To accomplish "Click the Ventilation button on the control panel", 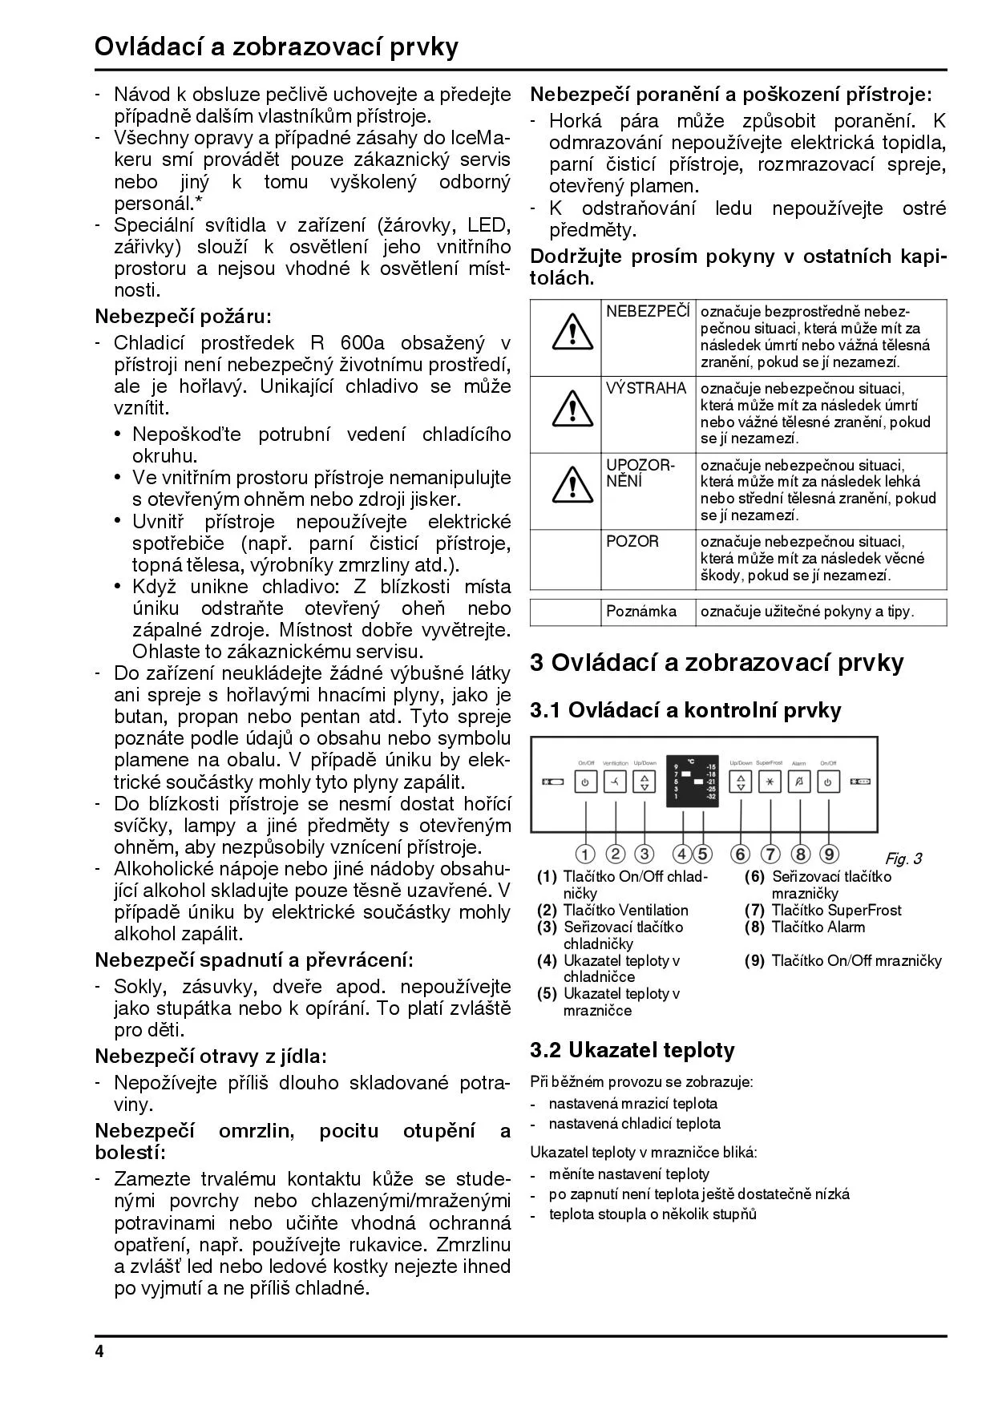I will point(616,782).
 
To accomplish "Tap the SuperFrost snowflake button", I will point(770,782).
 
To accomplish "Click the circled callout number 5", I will point(703,855).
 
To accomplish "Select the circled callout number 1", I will point(586,855).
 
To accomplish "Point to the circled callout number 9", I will point(829,855).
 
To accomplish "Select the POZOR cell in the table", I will point(633,542).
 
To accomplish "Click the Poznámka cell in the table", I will point(641,612).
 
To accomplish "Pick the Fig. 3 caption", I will point(903,859).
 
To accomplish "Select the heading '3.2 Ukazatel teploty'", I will point(632,1050).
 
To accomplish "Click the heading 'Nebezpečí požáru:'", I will point(184,316).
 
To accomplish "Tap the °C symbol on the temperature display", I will point(690,761).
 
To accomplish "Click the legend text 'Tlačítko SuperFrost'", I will point(836,910).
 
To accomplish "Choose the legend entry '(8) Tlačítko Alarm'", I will point(806,927).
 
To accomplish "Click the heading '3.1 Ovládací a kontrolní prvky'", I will point(685,710).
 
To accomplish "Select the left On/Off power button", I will point(586,782).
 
